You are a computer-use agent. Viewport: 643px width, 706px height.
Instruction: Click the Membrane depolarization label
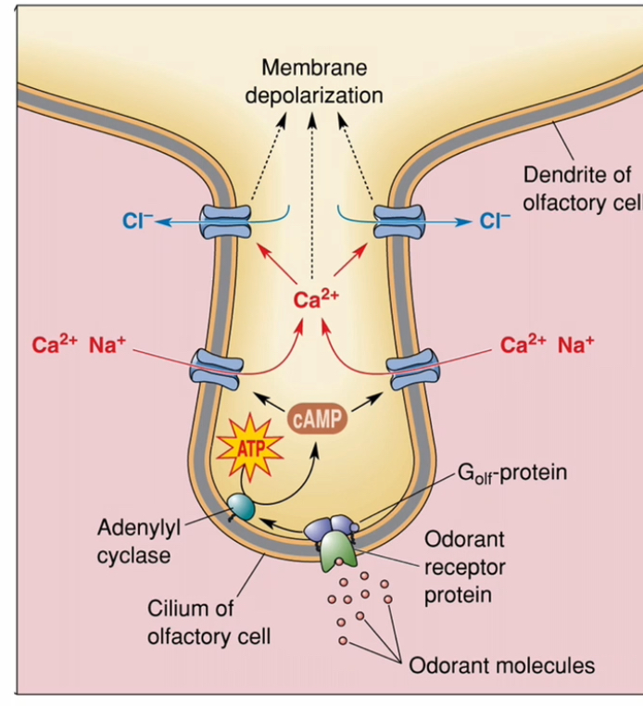click(313, 82)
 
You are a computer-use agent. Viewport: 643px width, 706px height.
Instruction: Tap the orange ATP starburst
click(247, 448)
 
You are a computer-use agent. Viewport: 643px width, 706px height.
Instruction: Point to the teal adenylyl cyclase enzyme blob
click(241, 506)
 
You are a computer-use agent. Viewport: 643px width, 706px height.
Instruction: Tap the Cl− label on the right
click(495, 221)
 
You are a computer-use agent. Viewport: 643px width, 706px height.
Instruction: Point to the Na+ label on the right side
click(576, 346)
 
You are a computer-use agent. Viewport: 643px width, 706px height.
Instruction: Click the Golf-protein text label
click(512, 473)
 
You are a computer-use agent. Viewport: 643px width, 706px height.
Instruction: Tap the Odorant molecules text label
click(501, 664)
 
